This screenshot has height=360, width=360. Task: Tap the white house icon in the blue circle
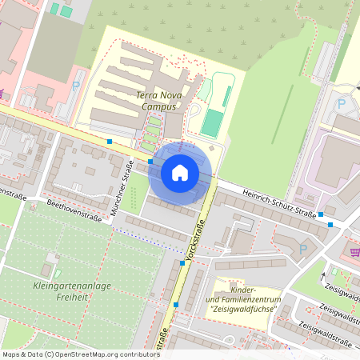point(180,172)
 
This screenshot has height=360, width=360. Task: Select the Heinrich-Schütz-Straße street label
point(266,200)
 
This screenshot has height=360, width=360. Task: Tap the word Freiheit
point(71,297)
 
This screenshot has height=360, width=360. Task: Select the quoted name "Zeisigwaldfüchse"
point(242,309)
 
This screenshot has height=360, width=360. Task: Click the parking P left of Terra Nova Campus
point(77,85)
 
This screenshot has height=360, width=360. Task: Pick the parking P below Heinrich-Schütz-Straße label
point(302,249)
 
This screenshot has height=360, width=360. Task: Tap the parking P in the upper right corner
point(342,103)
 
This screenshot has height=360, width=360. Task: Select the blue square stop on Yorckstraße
point(182,262)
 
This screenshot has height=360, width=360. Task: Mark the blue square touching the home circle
point(150,161)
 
